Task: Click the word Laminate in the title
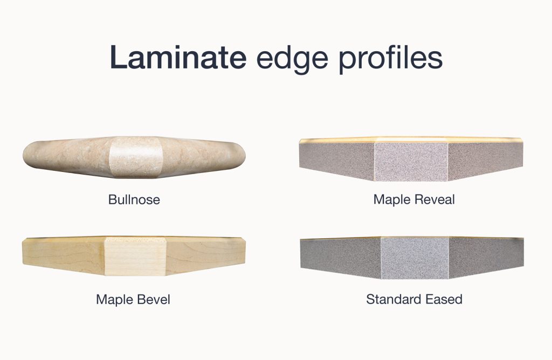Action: (x=178, y=58)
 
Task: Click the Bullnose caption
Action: (x=134, y=200)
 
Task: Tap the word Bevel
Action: (x=153, y=299)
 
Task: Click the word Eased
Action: (x=444, y=299)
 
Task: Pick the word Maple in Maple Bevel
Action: (x=114, y=299)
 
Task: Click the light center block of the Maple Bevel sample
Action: (x=134, y=256)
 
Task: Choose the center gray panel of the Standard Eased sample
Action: (x=415, y=258)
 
